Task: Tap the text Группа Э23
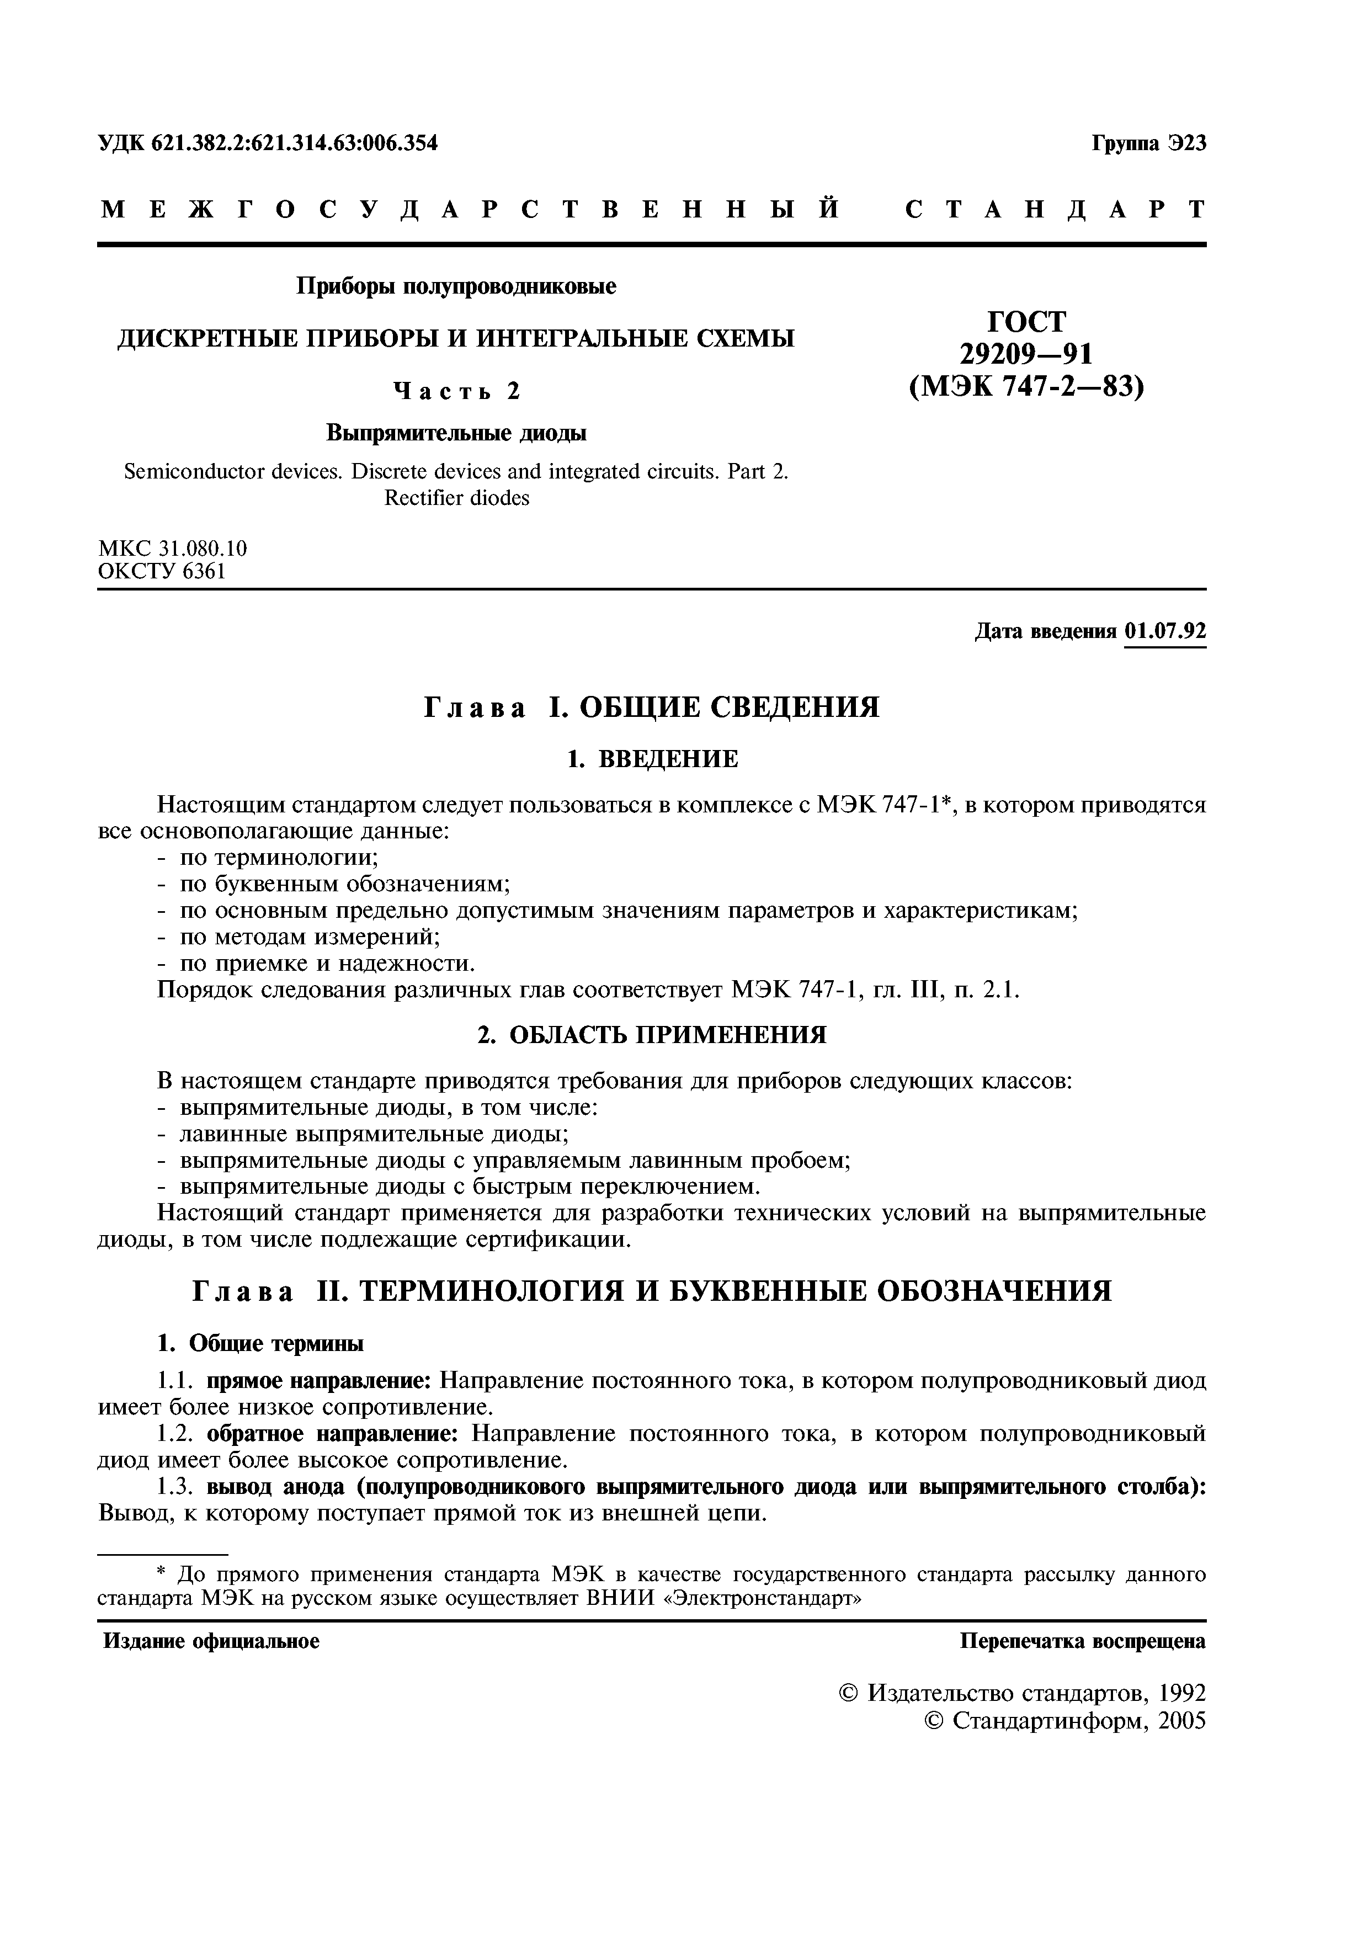tap(1149, 143)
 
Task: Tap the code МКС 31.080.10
tap(173, 548)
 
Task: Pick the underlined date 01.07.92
tap(1165, 631)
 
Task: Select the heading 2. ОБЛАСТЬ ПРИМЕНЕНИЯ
tap(652, 1035)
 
